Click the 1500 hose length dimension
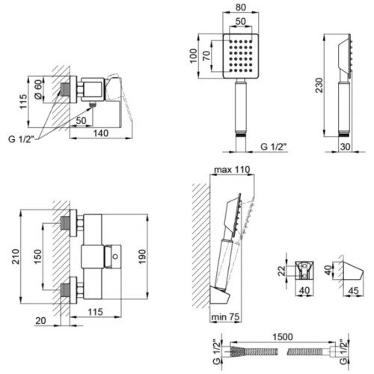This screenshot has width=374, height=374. (283, 337)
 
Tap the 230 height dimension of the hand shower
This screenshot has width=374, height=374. (319, 85)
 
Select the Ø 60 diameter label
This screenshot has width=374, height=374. (38, 90)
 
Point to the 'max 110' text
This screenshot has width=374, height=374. (232, 170)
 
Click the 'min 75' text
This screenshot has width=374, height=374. (225, 317)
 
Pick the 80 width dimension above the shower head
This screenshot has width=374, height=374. (241, 7)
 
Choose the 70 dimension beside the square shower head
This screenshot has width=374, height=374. (206, 55)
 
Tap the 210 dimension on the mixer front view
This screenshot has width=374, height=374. (16, 257)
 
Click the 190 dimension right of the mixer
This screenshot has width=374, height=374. (142, 257)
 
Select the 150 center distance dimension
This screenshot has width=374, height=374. (37, 257)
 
